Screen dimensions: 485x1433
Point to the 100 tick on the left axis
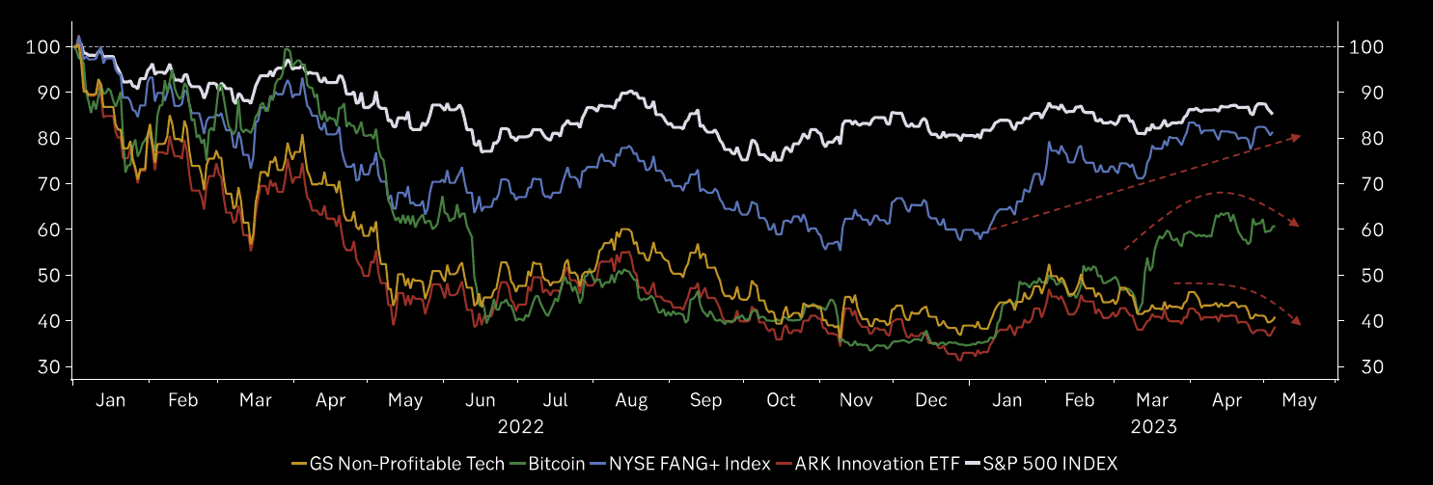pos(43,46)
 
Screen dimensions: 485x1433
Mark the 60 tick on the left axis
pos(48,229)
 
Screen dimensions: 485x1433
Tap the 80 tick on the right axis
pos(1365,138)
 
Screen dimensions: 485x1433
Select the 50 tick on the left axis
pos(48,276)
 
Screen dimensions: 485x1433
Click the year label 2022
pos(521,425)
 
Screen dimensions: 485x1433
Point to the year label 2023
pos(1153,425)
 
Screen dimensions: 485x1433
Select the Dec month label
pos(930,400)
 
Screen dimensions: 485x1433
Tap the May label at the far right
pos(1300,400)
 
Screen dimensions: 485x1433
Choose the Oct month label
pos(781,400)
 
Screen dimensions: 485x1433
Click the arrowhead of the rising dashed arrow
pos(1298,137)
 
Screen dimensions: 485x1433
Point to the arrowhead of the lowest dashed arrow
pos(1298,323)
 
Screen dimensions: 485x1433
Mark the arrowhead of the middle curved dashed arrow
pos(1298,224)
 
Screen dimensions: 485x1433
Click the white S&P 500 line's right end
pos(1271,114)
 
